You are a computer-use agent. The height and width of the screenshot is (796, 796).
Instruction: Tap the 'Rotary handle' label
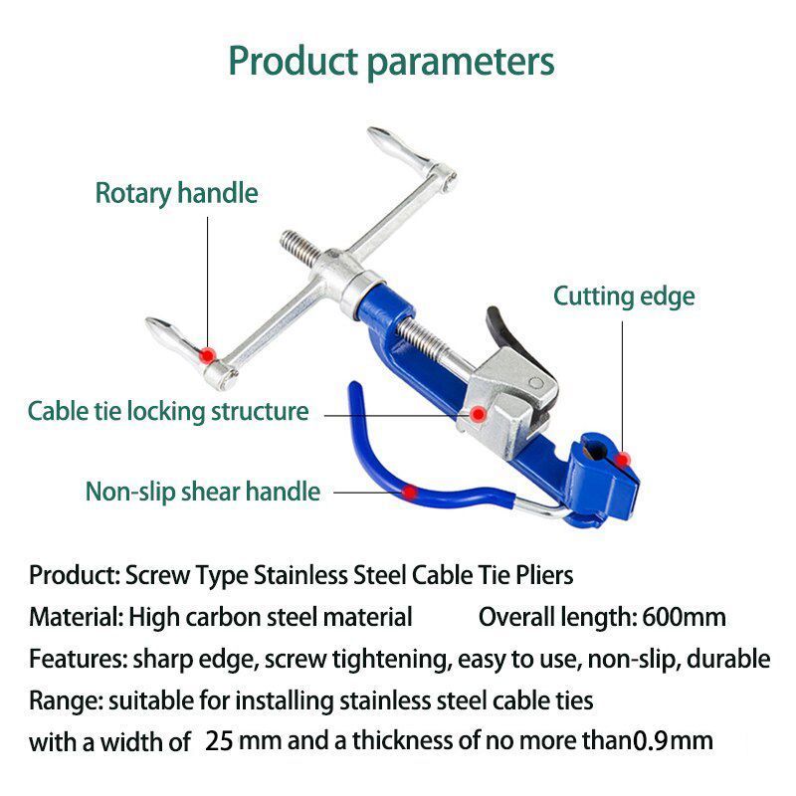(x=176, y=193)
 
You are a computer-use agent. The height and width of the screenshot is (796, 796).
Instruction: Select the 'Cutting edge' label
(x=624, y=296)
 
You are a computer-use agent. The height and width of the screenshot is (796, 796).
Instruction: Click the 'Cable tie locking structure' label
(x=168, y=411)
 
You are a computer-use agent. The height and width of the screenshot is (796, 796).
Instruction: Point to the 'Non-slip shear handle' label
(x=203, y=491)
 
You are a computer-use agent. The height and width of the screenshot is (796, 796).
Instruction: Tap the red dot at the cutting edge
(x=624, y=458)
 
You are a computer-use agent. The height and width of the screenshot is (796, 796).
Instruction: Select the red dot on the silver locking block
(x=479, y=413)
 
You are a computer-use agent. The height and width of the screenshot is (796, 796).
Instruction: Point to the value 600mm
(x=685, y=617)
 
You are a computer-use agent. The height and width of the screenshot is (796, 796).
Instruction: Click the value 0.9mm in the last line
(x=673, y=740)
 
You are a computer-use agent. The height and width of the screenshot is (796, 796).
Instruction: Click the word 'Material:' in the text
(x=76, y=617)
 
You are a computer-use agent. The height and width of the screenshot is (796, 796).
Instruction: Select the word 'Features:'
(x=77, y=659)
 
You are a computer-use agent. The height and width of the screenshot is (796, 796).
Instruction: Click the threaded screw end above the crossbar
(x=297, y=245)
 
